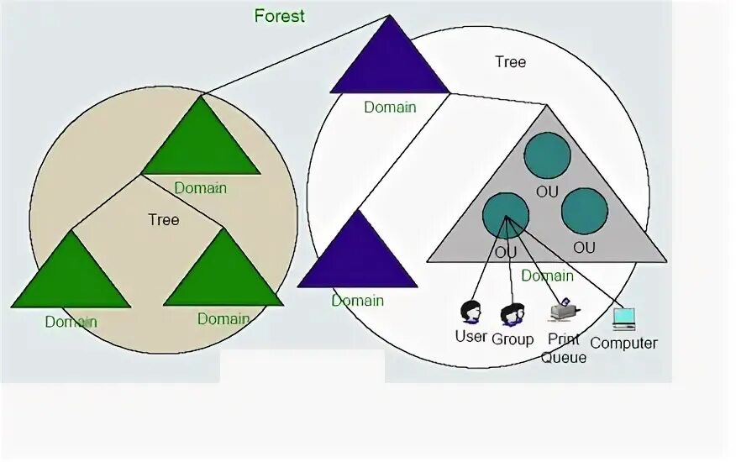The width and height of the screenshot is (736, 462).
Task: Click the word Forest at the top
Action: click(x=279, y=16)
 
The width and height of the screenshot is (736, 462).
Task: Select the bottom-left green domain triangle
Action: click(x=71, y=277)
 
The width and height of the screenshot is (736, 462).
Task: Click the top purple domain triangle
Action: click(x=389, y=63)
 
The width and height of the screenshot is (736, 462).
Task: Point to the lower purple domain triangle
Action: click(x=357, y=256)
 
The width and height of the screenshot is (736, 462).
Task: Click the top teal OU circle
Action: click(x=547, y=155)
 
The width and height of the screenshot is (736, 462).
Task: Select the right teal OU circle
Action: click(x=584, y=211)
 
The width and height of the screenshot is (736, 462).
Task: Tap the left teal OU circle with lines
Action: click(x=505, y=216)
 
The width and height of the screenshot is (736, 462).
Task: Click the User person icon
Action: click(x=471, y=312)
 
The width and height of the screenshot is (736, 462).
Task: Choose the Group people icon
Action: click(x=512, y=315)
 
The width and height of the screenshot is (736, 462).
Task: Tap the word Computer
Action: click(x=623, y=343)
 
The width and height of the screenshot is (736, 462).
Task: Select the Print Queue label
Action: click(x=564, y=349)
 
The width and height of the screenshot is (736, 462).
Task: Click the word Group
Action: click(x=513, y=339)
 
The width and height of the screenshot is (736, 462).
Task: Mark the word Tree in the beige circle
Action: click(x=164, y=220)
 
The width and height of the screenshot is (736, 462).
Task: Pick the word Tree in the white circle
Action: click(x=510, y=62)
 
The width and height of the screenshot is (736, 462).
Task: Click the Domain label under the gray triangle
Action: click(x=547, y=276)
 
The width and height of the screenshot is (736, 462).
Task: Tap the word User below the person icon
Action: click(x=471, y=337)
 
